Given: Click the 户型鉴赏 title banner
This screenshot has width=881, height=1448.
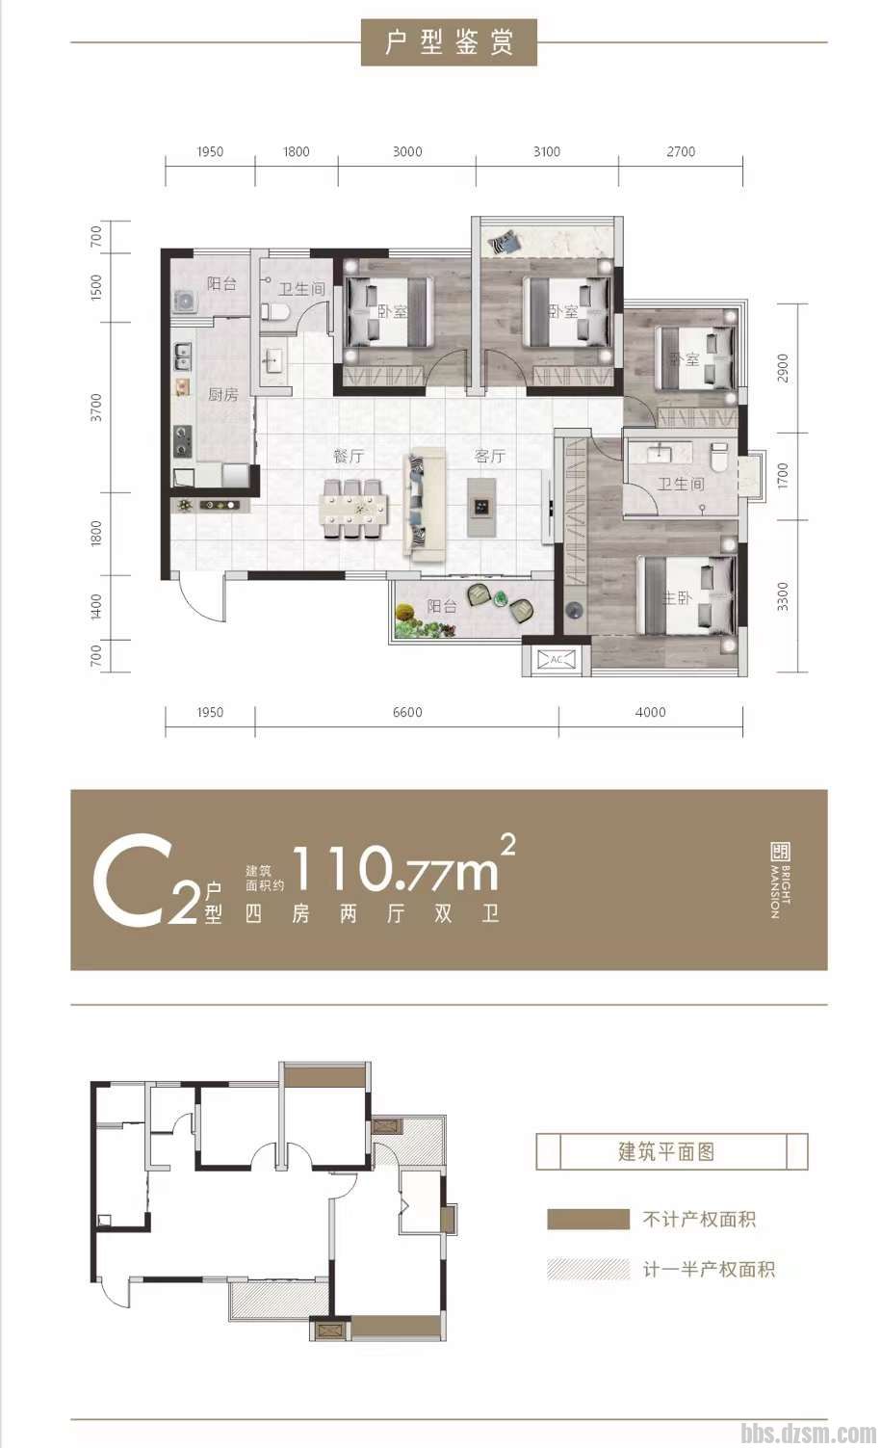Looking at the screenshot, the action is pyautogui.click(x=449, y=42).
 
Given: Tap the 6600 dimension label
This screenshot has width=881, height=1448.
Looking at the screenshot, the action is pyautogui.click(x=407, y=712).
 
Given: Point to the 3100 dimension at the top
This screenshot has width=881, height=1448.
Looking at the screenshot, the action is pyautogui.click(x=547, y=152).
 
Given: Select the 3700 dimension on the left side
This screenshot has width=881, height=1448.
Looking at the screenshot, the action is pyautogui.click(x=96, y=408).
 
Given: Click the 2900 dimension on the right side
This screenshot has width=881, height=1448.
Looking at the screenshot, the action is pyautogui.click(x=783, y=368).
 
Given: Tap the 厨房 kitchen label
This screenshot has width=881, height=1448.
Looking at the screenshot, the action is pyautogui.click(x=222, y=394).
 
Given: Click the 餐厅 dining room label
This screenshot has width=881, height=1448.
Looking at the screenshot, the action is pyautogui.click(x=349, y=457).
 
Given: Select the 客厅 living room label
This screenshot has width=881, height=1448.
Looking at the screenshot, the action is pyautogui.click(x=489, y=457).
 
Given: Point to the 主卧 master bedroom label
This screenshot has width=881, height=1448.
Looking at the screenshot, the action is pyautogui.click(x=676, y=598).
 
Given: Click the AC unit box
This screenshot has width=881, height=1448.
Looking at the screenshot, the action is pyautogui.click(x=556, y=659).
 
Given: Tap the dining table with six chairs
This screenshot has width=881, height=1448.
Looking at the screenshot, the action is pyautogui.click(x=354, y=509).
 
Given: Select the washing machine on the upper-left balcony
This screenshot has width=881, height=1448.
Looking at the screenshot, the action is pyautogui.click(x=186, y=302).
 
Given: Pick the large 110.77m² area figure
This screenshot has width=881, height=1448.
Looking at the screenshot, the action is pyautogui.click(x=403, y=865).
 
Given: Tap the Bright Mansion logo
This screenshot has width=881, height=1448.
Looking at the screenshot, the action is pyautogui.click(x=780, y=880).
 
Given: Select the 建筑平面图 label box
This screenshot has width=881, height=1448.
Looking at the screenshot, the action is pyautogui.click(x=672, y=1151).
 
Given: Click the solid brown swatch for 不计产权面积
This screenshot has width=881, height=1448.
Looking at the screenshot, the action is pyautogui.click(x=587, y=1219).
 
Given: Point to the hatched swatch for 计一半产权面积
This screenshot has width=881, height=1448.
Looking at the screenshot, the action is pyautogui.click(x=587, y=1269).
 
